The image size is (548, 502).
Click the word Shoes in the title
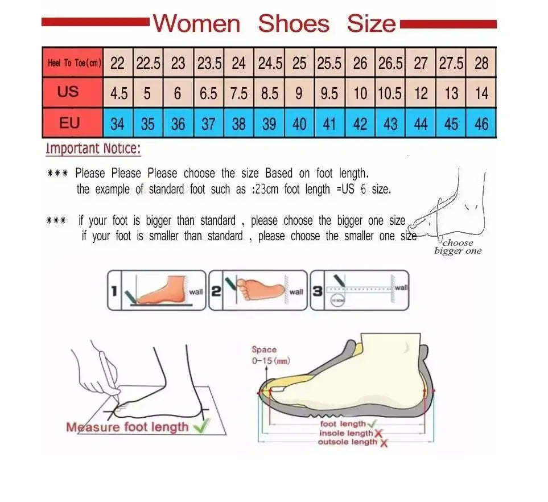point(294,24)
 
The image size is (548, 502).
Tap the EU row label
point(68,123)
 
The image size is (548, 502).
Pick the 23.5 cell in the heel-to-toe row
point(209,63)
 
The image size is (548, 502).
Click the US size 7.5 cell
point(239,93)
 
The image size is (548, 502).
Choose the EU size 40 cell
point(299,124)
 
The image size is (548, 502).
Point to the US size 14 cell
point(481,93)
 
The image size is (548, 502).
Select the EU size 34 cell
point(117,124)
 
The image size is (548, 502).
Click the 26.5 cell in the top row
point(390,63)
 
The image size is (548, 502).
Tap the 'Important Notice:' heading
point(93,150)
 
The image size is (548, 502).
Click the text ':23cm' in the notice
point(265,190)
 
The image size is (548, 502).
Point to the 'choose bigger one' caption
point(458,247)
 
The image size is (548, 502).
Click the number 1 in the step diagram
point(114,291)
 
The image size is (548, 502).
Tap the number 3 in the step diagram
point(318,291)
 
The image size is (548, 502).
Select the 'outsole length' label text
point(347,442)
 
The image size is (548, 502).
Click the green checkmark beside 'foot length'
point(372,424)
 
